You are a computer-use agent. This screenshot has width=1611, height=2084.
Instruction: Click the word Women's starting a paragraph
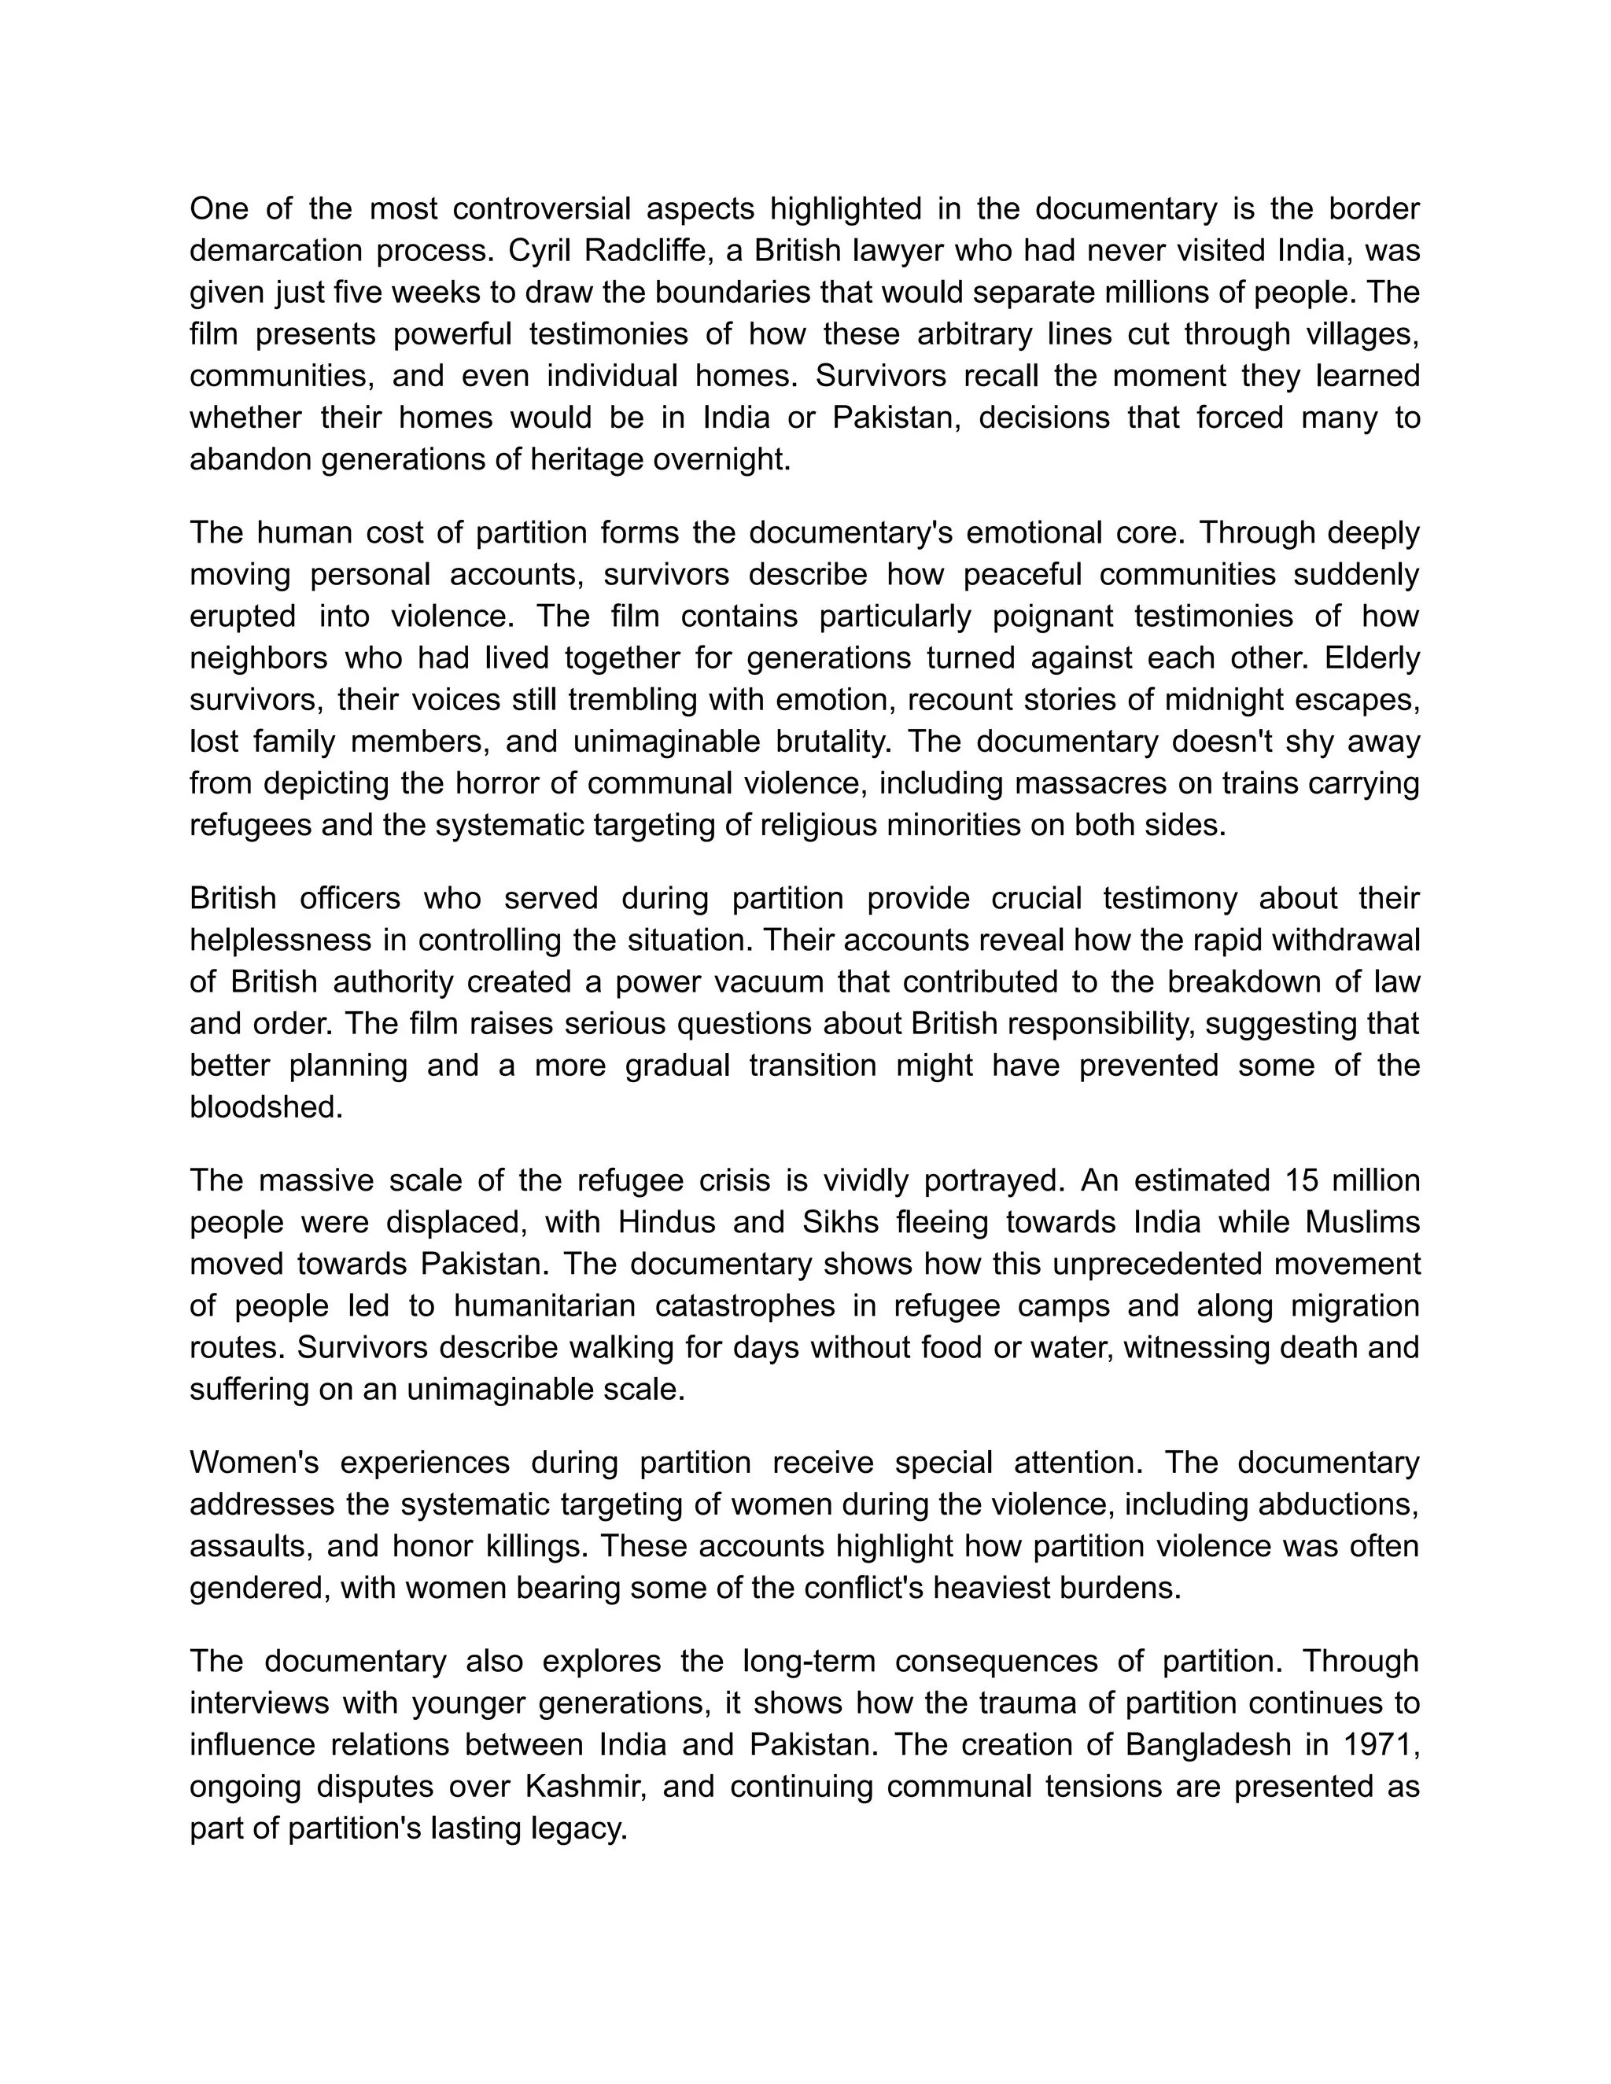[x=254, y=1463]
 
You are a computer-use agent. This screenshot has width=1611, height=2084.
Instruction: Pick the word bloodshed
[x=265, y=1107]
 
